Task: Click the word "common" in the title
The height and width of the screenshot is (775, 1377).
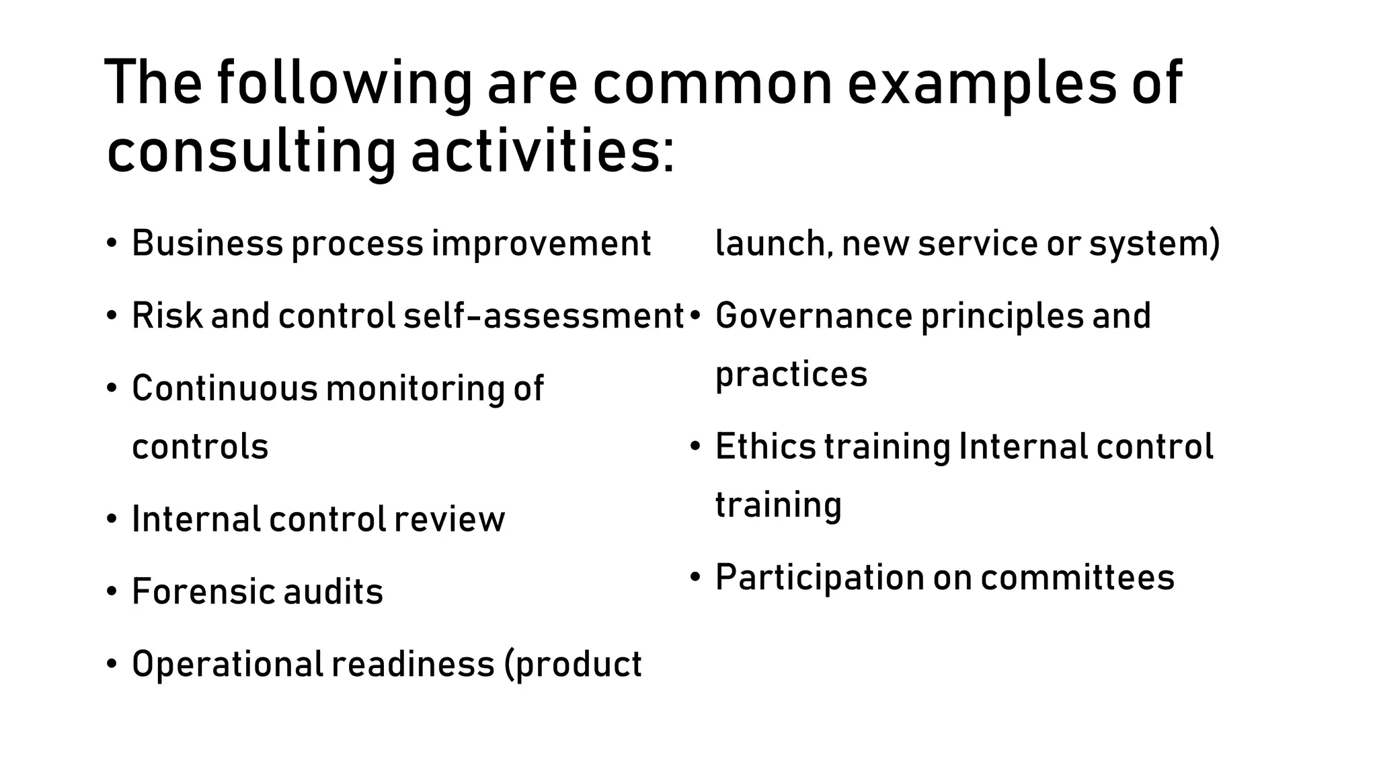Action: [711, 84]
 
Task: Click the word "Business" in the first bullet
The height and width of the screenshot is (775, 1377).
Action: [207, 244]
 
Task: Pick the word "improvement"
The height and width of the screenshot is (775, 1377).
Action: [541, 244]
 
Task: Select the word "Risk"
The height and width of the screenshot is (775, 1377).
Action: [167, 316]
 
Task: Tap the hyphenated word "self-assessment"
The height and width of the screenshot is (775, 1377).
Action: [543, 316]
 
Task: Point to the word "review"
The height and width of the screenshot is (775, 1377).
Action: [449, 519]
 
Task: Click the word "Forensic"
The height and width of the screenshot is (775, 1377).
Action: [203, 592]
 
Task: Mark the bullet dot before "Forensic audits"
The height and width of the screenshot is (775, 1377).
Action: [112, 592]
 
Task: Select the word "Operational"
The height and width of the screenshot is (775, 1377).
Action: [228, 665]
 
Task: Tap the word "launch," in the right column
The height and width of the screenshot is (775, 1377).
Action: [774, 244]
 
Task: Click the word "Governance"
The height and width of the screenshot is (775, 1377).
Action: [814, 316]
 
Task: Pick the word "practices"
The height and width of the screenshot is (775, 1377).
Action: [791, 375]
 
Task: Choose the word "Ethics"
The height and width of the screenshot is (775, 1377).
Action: [765, 446]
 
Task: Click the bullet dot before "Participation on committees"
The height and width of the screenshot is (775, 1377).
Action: [696, 577]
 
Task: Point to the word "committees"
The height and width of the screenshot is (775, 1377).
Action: [1077, 578]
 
